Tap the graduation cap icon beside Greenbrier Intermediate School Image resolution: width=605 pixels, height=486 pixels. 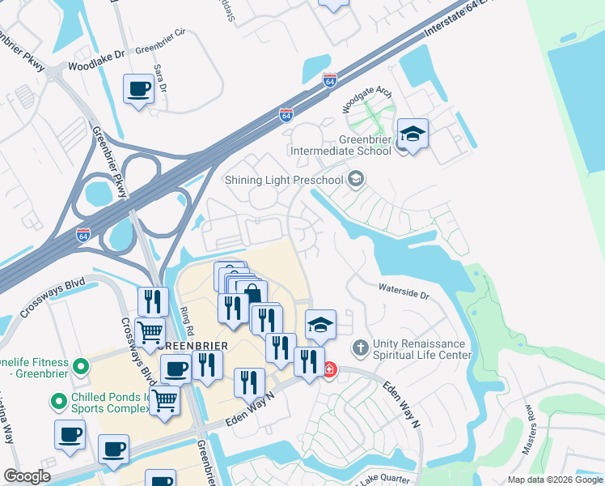(x=412, y=133)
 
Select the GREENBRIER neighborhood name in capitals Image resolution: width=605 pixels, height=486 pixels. (x=193, y=344)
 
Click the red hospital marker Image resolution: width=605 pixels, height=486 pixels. (x=329, y=370)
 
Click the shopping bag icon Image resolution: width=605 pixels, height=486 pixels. (x=252, y=295)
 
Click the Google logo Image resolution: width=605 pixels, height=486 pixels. (x=27, y=476)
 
